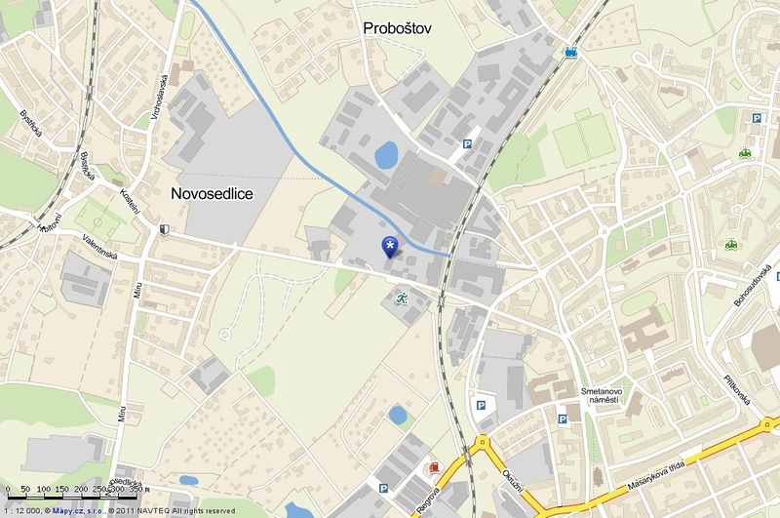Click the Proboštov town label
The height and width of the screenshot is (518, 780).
click(x=396, y=28)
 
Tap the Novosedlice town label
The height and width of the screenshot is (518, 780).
click(x=212, y=194)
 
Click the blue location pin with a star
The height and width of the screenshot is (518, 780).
click(x=391, y=246)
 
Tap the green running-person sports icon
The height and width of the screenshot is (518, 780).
click(x=401, y=299)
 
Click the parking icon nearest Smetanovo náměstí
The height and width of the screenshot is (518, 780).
click(x=562, y=418)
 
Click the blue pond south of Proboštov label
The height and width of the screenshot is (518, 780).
click(x=386, y=154)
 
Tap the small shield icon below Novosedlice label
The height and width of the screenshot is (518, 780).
click(x=164, y=229)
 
